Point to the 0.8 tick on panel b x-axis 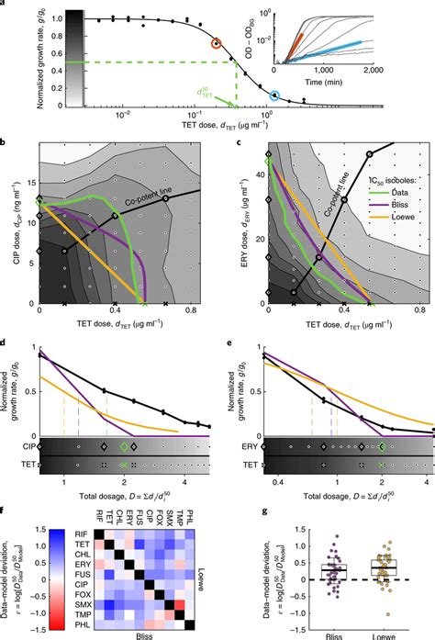coord(190,313)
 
